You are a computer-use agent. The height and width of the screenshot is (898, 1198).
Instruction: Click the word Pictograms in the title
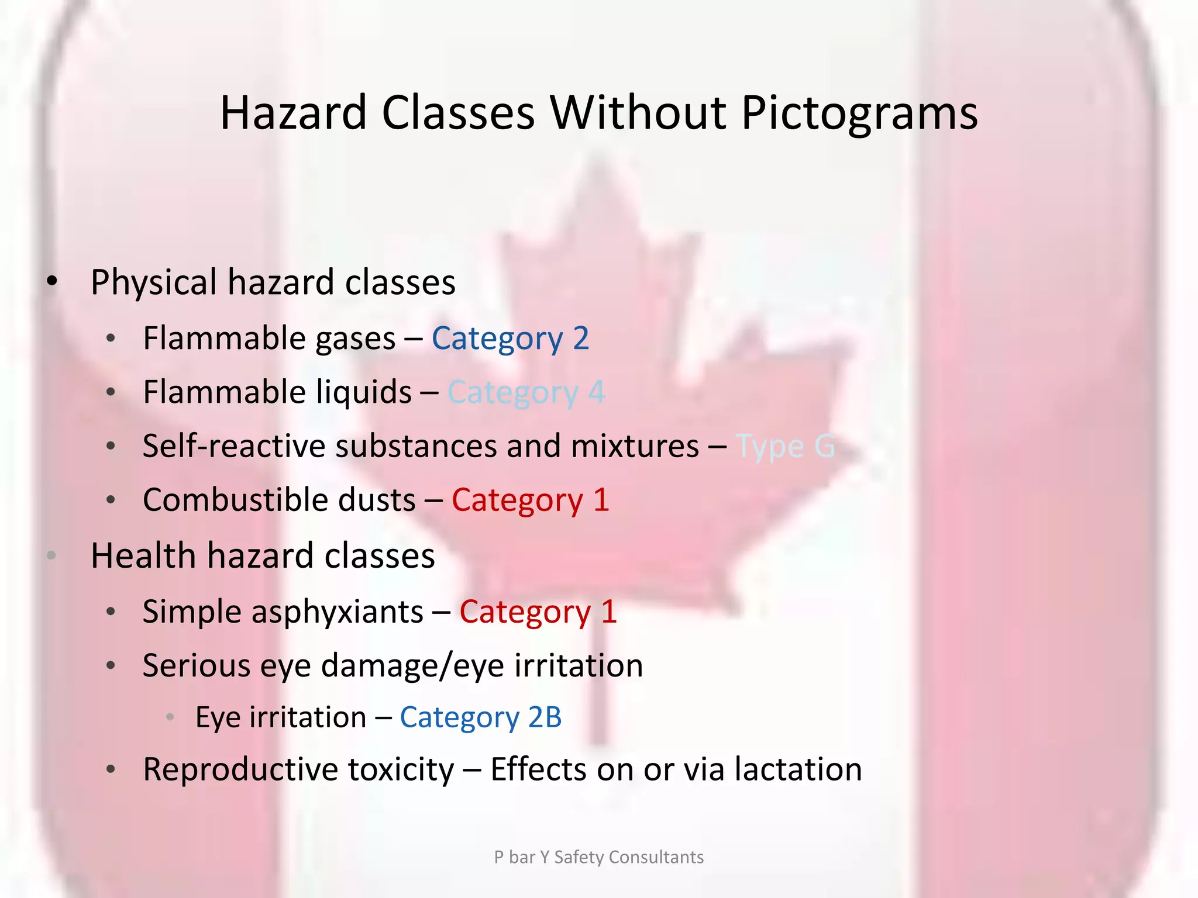[x=859, y=113]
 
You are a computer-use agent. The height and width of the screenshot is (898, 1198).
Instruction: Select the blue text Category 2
[x=510, y=339]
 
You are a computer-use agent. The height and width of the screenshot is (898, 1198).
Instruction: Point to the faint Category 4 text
[x=526, y=392]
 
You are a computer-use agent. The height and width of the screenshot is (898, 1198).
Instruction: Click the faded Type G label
[x=785, y=447]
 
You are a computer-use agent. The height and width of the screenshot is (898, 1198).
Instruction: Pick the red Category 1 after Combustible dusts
[x=530, y=500]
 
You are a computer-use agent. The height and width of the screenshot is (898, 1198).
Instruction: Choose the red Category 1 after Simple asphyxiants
[x=538, y=612]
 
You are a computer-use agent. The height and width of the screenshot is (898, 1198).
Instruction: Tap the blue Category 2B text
[x=480, y=717]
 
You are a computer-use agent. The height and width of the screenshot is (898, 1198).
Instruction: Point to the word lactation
[x=798, y=769]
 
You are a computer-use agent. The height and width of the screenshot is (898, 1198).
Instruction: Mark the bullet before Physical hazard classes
[x=52, y=282]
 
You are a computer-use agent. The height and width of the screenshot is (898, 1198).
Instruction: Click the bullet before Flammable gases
[x=111, y=339]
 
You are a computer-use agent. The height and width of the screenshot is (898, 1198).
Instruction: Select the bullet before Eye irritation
[x=170, y=717]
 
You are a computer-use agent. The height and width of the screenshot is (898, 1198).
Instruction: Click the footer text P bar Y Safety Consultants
[x=598, y=857]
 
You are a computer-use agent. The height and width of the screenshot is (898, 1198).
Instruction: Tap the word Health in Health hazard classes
[x=143, y=555]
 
